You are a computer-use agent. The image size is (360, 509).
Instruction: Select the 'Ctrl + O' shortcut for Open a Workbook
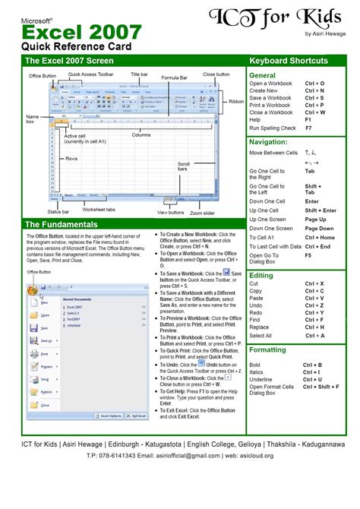[314, 83]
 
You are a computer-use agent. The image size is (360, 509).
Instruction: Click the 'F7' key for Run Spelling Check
[308, 128]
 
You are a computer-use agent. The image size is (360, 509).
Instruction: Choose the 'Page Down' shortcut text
[320, 228]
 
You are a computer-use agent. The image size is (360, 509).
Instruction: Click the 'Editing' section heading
[261, 275]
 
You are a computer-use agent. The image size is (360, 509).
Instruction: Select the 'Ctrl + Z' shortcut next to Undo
[314, 305]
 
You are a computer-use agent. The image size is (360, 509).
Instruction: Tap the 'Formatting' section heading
[268, 350]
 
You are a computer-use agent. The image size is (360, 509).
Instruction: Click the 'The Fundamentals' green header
[62, 225]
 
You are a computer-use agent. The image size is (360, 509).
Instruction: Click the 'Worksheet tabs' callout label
[99, 210]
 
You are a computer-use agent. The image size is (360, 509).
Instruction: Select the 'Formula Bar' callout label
[175, 77]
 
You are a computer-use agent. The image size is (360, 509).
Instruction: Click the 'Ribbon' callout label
[236, 101]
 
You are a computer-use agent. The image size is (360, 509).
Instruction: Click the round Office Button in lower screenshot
[33, 289]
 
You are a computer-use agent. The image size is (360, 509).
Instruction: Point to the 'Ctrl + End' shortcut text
[318, 246]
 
